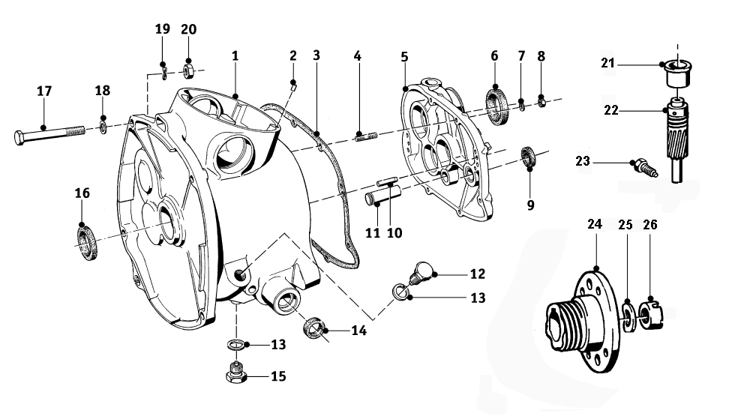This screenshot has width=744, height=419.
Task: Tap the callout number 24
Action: click(595, 225)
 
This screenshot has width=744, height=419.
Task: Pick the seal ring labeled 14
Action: click(315, 328)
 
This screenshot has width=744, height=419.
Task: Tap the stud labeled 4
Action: click(365, 135)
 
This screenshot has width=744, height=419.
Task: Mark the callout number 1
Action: click(235, 56)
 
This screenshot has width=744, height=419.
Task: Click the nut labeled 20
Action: click(189, 72)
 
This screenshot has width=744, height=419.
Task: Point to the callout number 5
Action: click(404, 56)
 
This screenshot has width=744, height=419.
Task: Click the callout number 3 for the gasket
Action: click(316, 55)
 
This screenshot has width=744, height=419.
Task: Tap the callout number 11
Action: click(373, 232)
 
